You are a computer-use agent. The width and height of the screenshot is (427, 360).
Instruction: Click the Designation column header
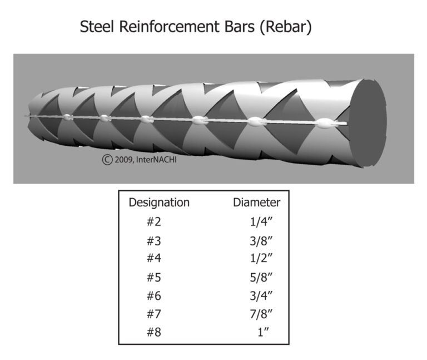click(x=159, y=203)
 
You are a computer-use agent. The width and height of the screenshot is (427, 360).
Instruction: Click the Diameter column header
click(x=256, y=203)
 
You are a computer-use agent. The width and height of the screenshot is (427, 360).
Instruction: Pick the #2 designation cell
click(x=153, y=221)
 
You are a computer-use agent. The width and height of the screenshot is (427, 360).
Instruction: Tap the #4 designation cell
click(x=153, y=259)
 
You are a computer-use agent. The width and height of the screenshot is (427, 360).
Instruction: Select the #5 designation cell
click(x=153, y=278)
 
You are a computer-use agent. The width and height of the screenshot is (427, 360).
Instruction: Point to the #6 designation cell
click(x=153, y=297)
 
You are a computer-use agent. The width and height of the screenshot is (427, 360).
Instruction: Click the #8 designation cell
click(x=153, y=334)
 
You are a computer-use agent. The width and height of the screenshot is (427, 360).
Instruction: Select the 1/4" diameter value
click(x=261, y=221)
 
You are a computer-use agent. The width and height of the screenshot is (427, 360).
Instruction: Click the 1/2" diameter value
click(x=261, y=259)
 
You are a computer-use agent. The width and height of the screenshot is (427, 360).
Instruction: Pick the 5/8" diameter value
click(x=261, y=278)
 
